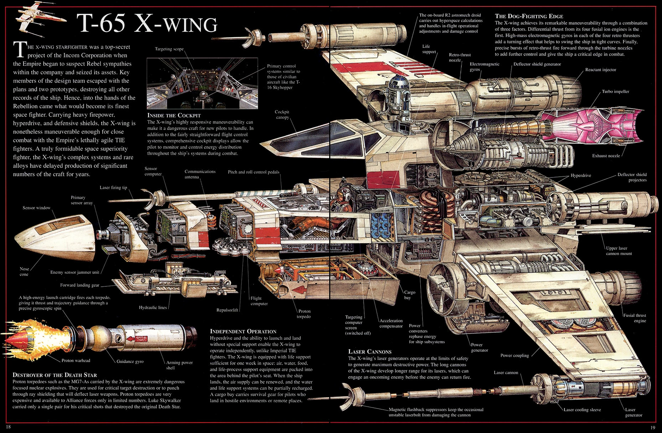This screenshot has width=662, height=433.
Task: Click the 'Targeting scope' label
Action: pyautogui.click(x=169, y=49)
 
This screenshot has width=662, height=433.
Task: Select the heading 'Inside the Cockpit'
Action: pyautogui.click(x=174, y=115)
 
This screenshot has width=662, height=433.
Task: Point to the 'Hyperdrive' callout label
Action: pyautogui.click(x=581, y=176)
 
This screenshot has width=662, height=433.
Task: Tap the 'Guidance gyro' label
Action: pyautogui.click(x=130, y=361)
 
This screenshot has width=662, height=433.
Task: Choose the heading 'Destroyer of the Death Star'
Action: pyautogui.click(x=55, y=375)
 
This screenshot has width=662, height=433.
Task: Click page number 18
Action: pyautogui.click(x=8, y=427)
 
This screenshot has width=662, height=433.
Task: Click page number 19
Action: pyautogui.click(x=653, y=427)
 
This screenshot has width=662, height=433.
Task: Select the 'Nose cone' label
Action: pyautogui.click(x=24, y=272)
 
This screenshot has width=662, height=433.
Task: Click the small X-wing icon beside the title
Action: pyautogui.click(x=39, y=19)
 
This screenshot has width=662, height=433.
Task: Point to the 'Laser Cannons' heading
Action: pyautogui.click(x=370, y=352)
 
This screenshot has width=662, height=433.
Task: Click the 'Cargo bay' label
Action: pyautogui.click(x=410, y=295)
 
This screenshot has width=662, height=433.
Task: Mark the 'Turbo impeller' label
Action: pyautogui.click(x=616, y=92)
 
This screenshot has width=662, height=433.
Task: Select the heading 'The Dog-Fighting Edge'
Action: pyautogui.click(x=529, y=16)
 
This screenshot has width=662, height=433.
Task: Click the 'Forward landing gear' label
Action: pyautogui.click(x=80, y=285)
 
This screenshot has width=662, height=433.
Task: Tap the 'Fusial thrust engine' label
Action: pyautogui.click(x=635, y=318)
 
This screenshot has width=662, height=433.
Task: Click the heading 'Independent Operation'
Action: pyautogui.click(x=243, y=331)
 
